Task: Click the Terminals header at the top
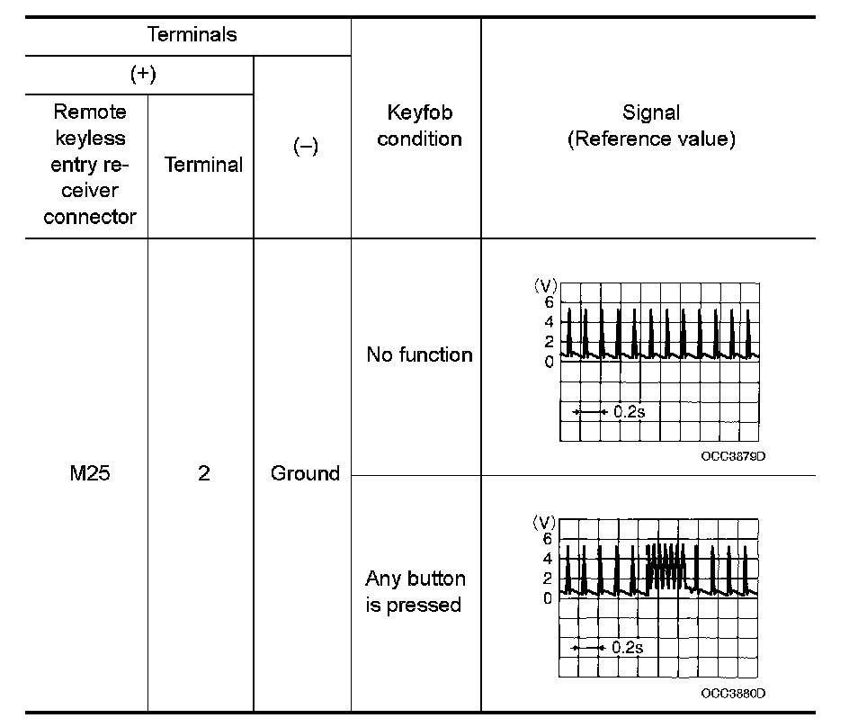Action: pyautogui.click(x=192, y=35)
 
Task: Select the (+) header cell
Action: pyautogui.click(x=142, y=75)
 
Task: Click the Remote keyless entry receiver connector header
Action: pyautogui.click(x=89, y=165)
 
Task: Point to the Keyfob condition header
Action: pyautogui.click(x=418, y=126)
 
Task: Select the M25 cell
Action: pyautogui.click(x=89, y=473)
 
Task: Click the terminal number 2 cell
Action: pyautogui.click(x=203, y=473)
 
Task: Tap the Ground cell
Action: pyautogui.click(x=305, y=473)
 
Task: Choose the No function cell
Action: pyautogui.click(x=418, y=355)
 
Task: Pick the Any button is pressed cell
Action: pyautogui.click(x=415, y=591)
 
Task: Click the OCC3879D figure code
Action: pyautogui.click(x=733, y=455)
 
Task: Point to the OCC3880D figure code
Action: pyautogui.click(x=733, y=693)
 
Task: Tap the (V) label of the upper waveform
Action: pyautogui.click(x=546, y=285)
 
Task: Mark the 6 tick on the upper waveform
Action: pyautogui.click(x=549, y=302)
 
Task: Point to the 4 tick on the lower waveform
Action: pyautogui.click(x=549, y=558)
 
